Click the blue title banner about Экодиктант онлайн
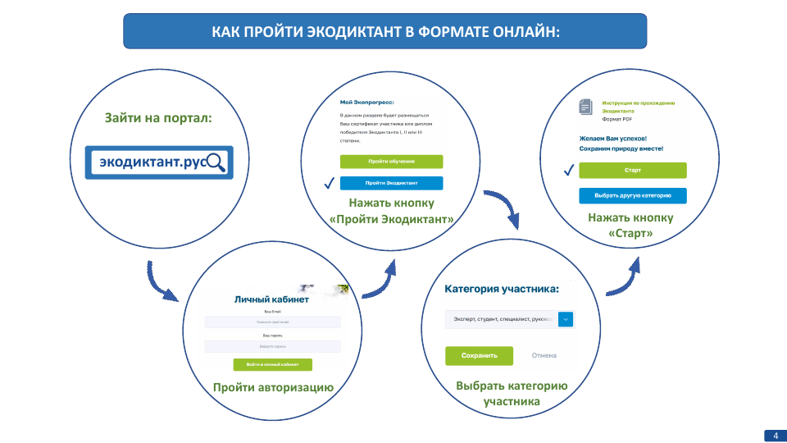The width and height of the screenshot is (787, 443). pos(384,31)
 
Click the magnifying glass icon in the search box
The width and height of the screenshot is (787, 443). pos(216,162)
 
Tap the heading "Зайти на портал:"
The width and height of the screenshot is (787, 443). pos(158,118)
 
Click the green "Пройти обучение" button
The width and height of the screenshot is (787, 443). pos(391,162)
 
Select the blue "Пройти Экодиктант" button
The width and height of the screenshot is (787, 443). pos(391,183)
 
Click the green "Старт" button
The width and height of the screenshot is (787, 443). pos(632,170)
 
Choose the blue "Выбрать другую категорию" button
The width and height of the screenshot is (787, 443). pos(632,196)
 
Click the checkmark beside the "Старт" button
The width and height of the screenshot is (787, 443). pos(568,170)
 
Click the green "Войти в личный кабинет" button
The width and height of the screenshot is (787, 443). pos(272,364)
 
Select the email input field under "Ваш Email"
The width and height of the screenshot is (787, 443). pos(272,322)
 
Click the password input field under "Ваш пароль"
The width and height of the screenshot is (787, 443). pos(272,347)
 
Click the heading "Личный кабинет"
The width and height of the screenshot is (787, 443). pos(271,299)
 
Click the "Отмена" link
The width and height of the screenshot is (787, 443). pos(544,355)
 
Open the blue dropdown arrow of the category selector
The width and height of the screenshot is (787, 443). pos(566,319)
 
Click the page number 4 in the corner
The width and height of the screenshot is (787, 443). pos(775,434)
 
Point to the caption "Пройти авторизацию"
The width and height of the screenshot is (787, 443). pos(272,387)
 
